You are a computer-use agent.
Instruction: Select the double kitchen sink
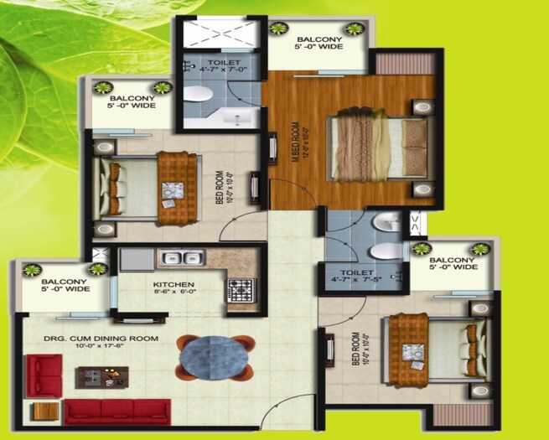tap(179, 259)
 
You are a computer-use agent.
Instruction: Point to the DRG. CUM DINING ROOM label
tap(101, 339)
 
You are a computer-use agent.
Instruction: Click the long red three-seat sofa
tap(117, 411)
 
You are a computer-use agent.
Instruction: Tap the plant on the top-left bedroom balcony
tap(104, 86)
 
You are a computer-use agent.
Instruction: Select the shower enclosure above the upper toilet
tap(219, 34)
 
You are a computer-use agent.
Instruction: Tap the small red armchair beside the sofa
tap(44, 375)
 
